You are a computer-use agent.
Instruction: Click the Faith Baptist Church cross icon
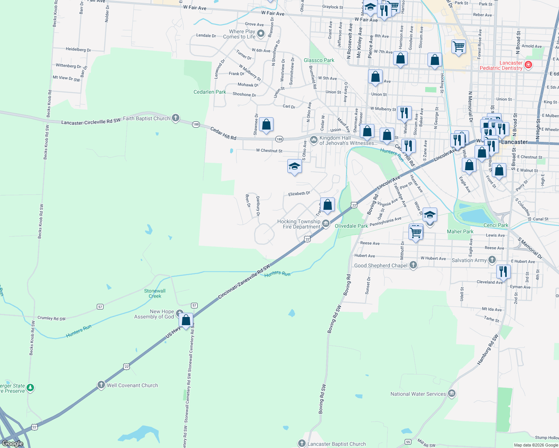click(x=176, y=118)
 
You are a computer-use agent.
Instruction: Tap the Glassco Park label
click(x=319, y=60)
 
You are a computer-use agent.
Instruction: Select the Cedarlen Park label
click(x=210, y=92)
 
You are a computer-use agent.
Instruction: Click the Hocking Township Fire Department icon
click(x=326, y=224)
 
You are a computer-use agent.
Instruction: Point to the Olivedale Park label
click(x=351, y=226)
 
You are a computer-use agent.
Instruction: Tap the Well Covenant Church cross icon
click(x=101, y=385)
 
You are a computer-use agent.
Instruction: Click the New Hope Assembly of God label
click(x=154, y=314)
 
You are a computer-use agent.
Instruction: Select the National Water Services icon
click(x=452, y=393)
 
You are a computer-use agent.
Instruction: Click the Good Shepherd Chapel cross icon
click(x=413, y=265)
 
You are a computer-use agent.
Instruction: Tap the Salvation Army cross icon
click(x=492, y=260)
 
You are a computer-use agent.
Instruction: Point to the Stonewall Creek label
click(x=155, y=293)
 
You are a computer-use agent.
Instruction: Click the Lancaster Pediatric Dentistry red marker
click(x=528, y=65)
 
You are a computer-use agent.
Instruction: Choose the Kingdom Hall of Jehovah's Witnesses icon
click(x=314, y=140)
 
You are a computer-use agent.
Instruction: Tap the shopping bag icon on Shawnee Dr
click(x=266, y=125)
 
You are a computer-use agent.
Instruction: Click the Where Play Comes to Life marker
click(x=261, y=34)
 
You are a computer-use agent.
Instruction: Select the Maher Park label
click(x=460, y=231)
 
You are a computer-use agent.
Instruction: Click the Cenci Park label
click(x=495, y=225)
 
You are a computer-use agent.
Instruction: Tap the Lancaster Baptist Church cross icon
click(x=302, y=443)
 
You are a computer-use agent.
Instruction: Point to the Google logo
click(x=13, y=443)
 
